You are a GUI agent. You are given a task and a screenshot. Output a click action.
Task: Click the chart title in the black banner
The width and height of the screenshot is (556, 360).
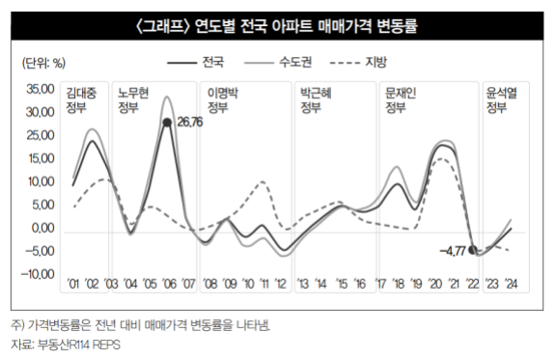(x=277, y=26)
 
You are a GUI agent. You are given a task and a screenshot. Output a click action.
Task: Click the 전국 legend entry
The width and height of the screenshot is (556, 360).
(x=196, y=63)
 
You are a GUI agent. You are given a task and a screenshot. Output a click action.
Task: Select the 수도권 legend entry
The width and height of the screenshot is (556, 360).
(x=278, y=63)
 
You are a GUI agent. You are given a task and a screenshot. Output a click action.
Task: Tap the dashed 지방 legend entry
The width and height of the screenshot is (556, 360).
(x=358, y=63)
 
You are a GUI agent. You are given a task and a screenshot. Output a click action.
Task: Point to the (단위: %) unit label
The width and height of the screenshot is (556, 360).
(x=44, y=63)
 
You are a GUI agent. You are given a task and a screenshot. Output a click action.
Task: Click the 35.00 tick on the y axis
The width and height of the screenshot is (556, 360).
(x=41, y=89)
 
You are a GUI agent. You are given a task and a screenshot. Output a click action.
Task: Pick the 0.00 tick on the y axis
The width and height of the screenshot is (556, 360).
(x=42, y=228)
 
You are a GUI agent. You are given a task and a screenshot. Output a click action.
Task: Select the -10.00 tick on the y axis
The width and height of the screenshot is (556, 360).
(x=38, y=274)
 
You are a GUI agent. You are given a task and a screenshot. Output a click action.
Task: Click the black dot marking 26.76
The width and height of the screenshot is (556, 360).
(x=167, y=123)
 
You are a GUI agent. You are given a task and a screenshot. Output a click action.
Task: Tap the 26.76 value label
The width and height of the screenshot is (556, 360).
(x=190, y=123)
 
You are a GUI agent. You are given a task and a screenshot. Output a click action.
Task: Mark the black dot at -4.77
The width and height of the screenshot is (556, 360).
(x=473, y=250)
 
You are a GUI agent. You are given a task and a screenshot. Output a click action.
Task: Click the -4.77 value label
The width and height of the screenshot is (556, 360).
(x=453, y=252)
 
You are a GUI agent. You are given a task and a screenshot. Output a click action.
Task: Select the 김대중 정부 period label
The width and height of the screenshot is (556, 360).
(x=81, y=100)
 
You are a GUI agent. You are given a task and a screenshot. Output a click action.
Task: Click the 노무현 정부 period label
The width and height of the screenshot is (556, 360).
(x=133, y=100)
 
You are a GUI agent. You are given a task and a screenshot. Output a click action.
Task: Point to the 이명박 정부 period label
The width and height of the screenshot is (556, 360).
(x=223, y=100)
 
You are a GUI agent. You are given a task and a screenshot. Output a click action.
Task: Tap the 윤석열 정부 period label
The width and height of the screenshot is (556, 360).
(x=501, y=100)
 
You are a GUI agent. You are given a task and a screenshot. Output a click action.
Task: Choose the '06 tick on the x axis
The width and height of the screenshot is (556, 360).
(x=169, y=284)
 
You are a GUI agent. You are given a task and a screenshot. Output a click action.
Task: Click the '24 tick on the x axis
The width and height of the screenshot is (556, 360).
(x=511, y=284)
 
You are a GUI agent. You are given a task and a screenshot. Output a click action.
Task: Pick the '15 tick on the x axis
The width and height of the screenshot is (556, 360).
(x=342, y=284)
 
